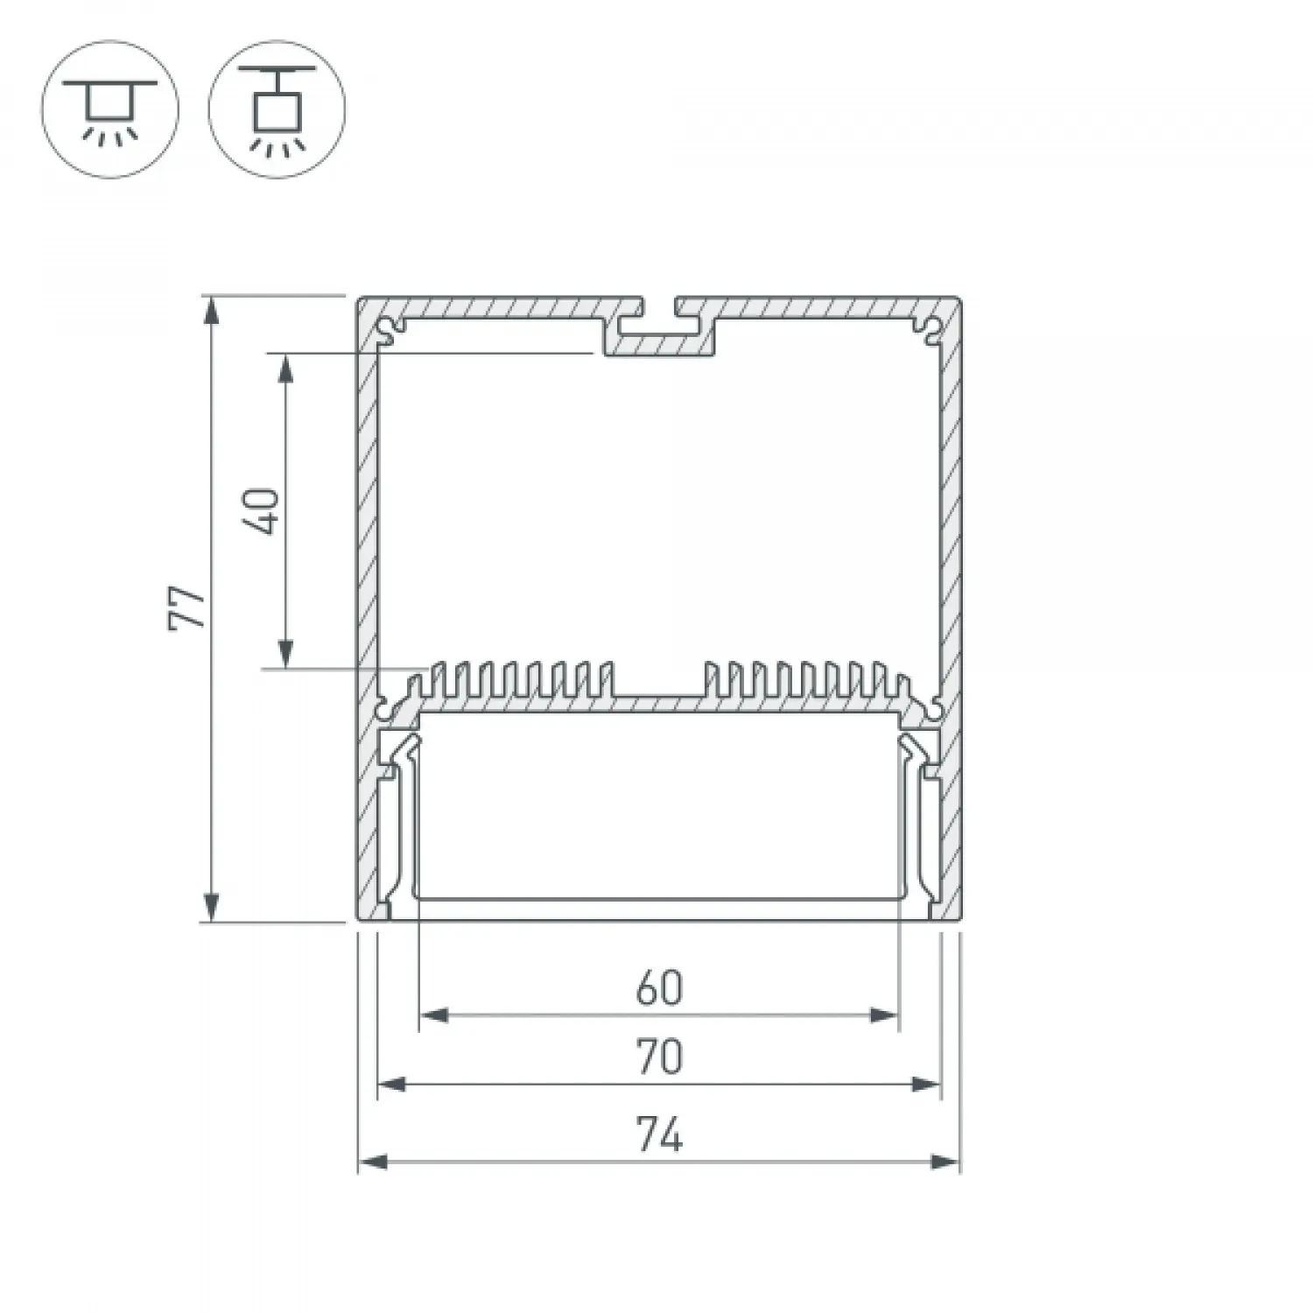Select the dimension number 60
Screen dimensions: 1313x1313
click(x=659, y=988)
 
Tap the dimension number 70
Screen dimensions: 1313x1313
click(x=659, y=1057)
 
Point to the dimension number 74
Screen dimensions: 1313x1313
click(x=659, y=1135)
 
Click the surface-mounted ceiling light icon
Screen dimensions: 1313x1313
click(x=110, y=109)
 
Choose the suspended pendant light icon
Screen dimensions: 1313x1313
click(x=277, y=109)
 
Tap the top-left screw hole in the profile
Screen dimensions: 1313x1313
click(x=388, y=330)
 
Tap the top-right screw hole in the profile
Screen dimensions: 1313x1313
click(x=930, y=330)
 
